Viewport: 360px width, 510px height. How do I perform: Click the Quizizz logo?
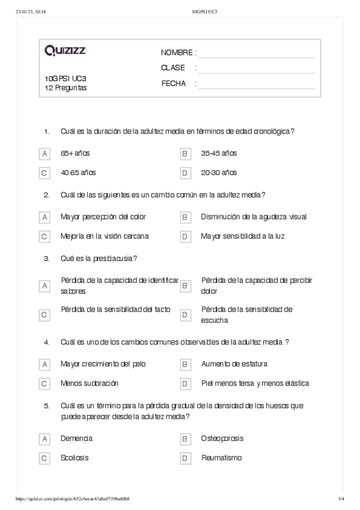[65, 51]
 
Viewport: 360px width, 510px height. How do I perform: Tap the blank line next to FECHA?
[256, 84]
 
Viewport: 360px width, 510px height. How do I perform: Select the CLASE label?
[173, 68]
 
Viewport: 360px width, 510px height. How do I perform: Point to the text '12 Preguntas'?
[66, 87]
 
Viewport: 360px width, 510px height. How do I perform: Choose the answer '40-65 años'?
[78, 173]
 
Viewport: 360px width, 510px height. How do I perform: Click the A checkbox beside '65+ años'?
[44, 154]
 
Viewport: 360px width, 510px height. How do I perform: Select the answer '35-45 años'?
[219, 153]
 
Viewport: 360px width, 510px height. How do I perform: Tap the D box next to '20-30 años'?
[185, 173]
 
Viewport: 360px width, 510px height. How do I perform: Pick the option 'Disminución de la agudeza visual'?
[249, 217]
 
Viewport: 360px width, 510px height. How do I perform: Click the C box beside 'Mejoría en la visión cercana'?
[44, 236]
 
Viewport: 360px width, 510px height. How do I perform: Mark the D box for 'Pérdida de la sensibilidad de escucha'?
[185, 315]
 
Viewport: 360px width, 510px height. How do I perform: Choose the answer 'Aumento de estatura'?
[234, 364]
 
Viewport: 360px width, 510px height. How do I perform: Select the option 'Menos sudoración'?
[90, 383]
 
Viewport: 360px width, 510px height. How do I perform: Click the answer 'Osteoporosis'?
[222, 438]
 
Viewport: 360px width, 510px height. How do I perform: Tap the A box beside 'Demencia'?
[44, 439]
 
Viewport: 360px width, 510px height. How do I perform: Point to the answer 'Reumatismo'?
[221, 458]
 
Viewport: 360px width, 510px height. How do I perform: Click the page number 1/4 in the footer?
[341, 499]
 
